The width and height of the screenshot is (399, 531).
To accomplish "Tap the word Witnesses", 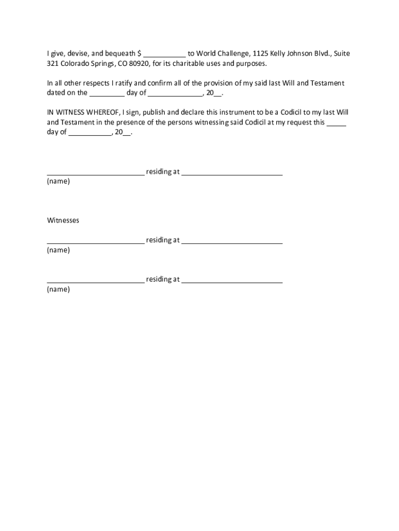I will pyautogui.click(x=63, y=220).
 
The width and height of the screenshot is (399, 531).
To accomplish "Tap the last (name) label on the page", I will pyautogui.click(x=59, y=289).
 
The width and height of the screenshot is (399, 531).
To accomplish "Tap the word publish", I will pyautogui.click(x=150, y=112).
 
